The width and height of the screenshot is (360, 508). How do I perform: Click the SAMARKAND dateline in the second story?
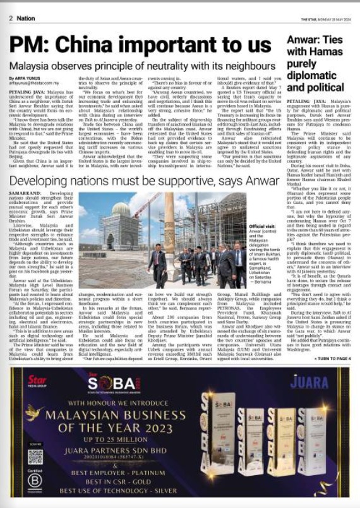[27, 191]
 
